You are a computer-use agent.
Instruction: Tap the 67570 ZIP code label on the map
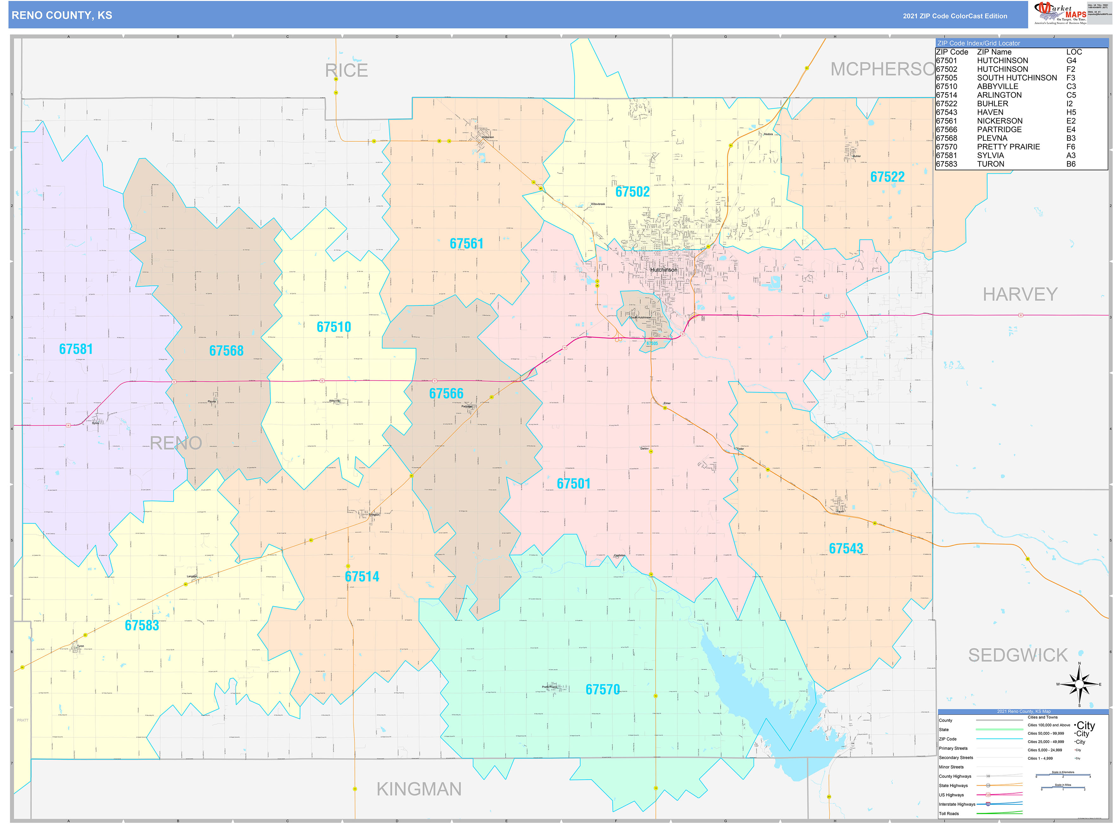tap(602, 690)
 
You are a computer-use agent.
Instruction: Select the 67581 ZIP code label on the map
tap(76, 349)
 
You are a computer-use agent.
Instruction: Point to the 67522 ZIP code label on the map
tap(887, 177)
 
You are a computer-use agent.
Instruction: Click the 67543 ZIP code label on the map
tap(846, 549)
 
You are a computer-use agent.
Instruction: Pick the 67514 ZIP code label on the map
tap(362, 576)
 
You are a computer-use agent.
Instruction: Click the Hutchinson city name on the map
tap(663, 270)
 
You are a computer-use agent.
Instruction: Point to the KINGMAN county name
tap(419, 789)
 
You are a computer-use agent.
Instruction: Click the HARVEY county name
tap(1020, 294)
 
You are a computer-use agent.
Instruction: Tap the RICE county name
tap(347, 70)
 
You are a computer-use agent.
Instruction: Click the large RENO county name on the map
tap(176, 443)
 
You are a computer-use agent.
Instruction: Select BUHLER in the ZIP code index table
tap(992, 104)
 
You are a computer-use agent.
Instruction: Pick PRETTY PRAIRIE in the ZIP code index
tap(1008, 147)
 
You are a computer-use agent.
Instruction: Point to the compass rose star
tap(1079, 684)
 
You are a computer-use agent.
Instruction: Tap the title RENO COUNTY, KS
tap(62, 16)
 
